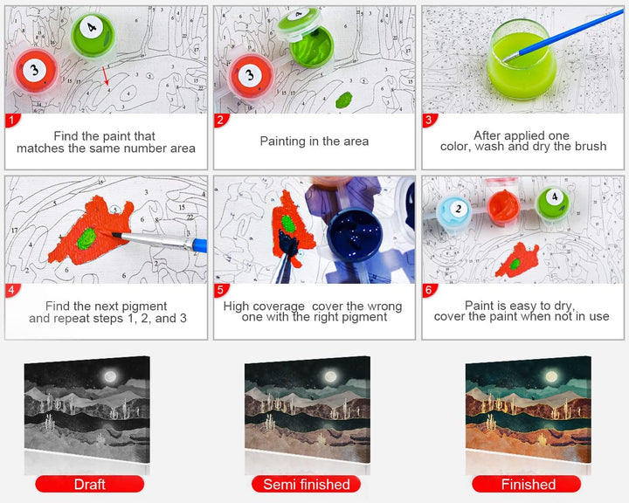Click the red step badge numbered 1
(x=12, y=120)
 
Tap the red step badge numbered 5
(x=221, y=290)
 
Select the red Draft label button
(x=89, y=484)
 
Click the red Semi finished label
(x=306, y=484)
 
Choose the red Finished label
(x=527, y=484)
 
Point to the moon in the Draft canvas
(x=110, y=376)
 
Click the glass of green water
(x=522, y=59)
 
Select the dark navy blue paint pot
(x=353, y=236)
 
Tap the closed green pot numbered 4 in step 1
(x=93, y=34)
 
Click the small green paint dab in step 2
(x=344, y=100)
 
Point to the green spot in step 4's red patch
(x=86, y=239)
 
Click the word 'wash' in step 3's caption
(x=490, y=147)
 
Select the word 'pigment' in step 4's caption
(x=144, y=306)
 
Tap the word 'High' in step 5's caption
(x=236, y=307)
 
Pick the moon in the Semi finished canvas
(x=330, y=376)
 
